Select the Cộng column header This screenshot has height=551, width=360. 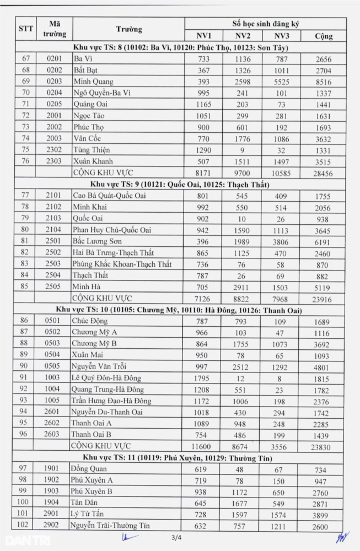coord(324,36)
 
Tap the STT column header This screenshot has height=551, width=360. coord(26,29)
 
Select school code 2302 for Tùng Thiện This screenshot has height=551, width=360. coord(55,150)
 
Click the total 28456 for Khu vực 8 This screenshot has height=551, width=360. coord(324,173)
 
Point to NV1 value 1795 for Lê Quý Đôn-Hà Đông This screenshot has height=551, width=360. coord(202,377)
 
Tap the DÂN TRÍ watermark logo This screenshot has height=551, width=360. coord(20,540)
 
